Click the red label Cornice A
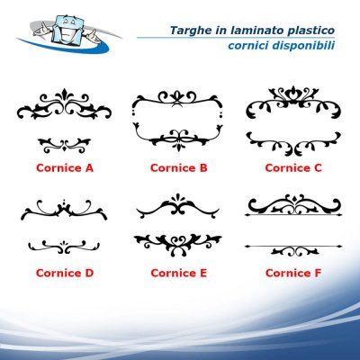65,168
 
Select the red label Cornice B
179,168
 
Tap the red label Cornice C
293,168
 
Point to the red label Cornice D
65,273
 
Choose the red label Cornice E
179,273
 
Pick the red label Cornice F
293,273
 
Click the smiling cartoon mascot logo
69,33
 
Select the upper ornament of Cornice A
64,104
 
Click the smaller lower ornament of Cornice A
65,145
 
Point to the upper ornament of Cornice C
293,102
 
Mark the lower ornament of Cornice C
293,144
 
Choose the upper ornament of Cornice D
64,210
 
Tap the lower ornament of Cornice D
64,247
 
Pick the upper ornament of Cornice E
178,206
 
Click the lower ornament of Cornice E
178,245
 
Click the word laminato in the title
253,31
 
